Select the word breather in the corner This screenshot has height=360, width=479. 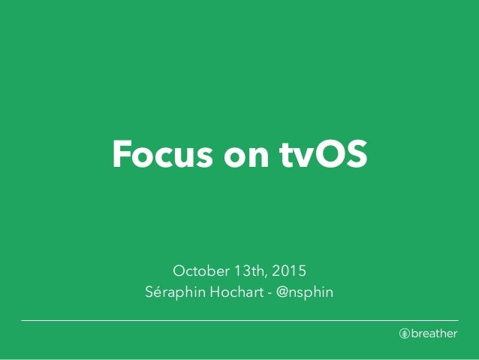coord(434,334)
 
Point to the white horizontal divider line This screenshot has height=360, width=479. coord(239,321)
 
